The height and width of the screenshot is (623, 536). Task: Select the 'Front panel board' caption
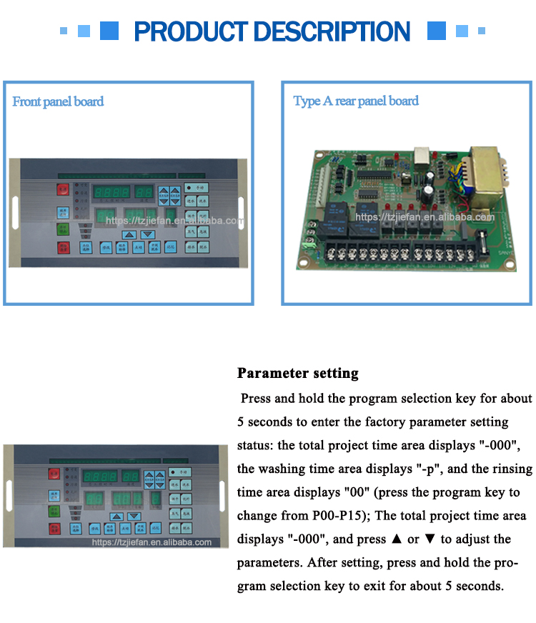pyautogui.click(x=58, y=101)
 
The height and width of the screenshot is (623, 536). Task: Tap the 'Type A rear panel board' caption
pyautogui.click(x=356, y=101)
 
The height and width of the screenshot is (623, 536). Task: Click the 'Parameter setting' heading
pyautogui.click(x=297, y=373)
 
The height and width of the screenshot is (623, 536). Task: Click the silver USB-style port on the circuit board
pyautogui.click(x=422, y=158)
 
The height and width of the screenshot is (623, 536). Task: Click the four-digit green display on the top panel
pyautogui.click(x=111, y=192)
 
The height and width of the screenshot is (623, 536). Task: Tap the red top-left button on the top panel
pyautogui.click(x=64, y=189)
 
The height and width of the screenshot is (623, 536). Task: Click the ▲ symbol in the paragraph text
pyautogui.click(x=394, y=539)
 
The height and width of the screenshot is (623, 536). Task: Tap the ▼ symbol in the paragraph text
pyautogui.click(x=431, y=539)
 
